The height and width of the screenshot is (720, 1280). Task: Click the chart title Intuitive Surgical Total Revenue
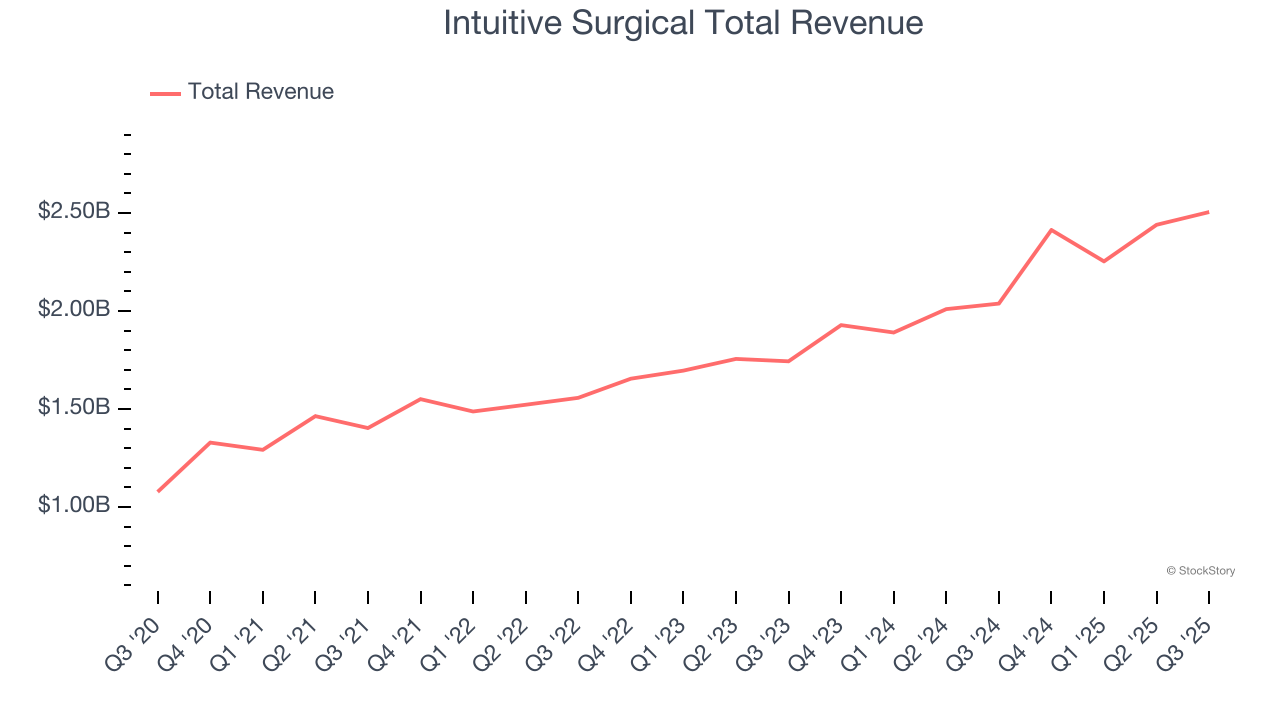[x=683, y=23]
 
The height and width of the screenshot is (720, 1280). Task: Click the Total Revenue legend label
[x=260, y=92]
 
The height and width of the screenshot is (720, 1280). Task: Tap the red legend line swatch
[x=165, y=93]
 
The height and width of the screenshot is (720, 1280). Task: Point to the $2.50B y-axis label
[x=74, y=212]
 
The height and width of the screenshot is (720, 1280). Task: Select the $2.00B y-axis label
[x=74, y=310]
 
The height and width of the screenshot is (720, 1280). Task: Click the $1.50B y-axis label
[x=74, y=408]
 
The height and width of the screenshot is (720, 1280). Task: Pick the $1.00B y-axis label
[x=74, y=506]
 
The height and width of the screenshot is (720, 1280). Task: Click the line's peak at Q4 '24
[x=1051, y=230]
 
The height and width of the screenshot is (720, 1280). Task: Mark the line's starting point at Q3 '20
[x=158, y=491]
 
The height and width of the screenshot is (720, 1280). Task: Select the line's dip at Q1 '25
[x=1104, y=261]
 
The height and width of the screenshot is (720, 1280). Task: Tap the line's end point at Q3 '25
[x=1209, y=212]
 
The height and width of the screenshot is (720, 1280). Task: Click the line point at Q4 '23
[x=841, y=325]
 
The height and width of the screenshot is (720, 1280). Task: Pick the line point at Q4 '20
[x=210, y=442]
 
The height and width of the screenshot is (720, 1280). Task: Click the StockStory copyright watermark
[x=1200, y=571]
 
